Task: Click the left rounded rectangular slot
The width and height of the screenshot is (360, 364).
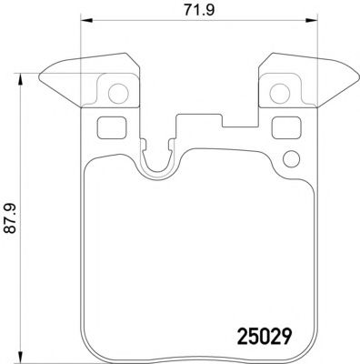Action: click(x=108, y=127)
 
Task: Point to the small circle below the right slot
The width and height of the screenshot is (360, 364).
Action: click(x=291, y=161)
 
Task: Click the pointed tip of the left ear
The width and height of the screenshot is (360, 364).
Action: click(x=44, y=75)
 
